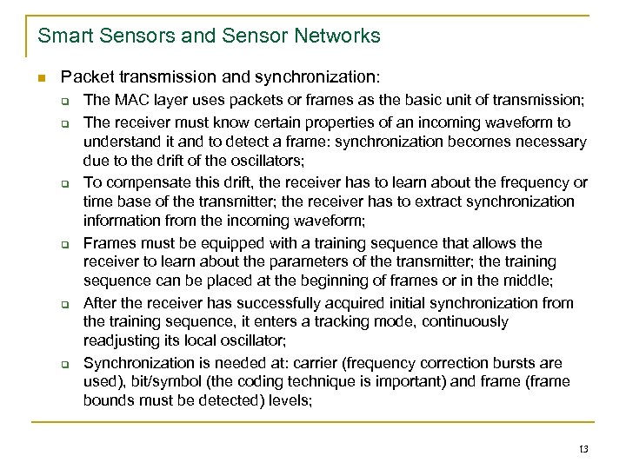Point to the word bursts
click(516, 362)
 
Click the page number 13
click(583, 447)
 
